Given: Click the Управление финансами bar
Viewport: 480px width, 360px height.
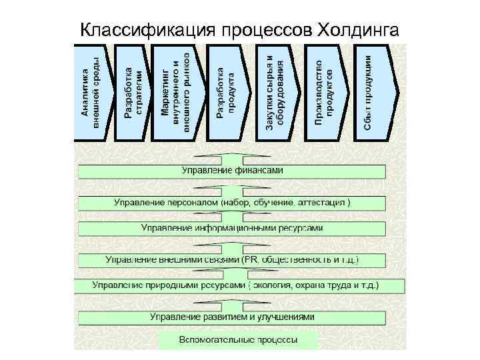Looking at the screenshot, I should [232, 171].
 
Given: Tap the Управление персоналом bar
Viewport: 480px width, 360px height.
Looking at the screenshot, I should [232, 202].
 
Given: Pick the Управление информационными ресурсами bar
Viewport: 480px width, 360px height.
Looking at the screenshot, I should [232, 228].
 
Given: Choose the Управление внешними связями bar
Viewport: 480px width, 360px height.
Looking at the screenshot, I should [232, 259].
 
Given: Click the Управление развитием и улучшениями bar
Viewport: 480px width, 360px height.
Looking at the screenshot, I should [232, 317].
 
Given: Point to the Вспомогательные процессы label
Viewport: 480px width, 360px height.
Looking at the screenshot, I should [239, 341].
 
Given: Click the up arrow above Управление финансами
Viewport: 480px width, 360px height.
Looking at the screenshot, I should [232, 159].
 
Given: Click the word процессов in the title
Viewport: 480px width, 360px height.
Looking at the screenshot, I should [247, 29].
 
